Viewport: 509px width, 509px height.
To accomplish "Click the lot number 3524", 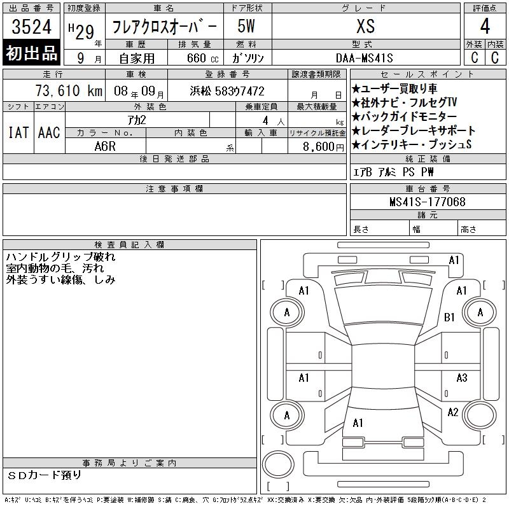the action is (31, 27).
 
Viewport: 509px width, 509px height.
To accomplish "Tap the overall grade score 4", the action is (485, 26).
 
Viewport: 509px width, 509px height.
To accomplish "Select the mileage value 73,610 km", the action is (69, 90).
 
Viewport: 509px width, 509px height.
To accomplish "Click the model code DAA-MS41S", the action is (364, 58).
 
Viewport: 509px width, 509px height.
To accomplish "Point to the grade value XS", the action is (366, 26).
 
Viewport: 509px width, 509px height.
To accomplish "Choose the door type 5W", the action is (246, 26).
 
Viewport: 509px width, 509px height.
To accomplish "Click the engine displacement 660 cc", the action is (202, 58).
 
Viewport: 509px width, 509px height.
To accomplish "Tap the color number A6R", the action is (105, 146).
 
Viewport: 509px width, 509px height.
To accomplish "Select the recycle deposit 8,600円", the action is (323, 147).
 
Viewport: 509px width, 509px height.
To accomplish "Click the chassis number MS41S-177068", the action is (428, 202).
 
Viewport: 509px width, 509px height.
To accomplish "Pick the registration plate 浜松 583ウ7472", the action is (227, 91).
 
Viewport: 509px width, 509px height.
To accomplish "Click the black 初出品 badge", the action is (31, 53).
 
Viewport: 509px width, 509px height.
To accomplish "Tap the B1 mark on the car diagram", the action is (449, 317).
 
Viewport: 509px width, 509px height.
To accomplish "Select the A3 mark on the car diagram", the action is (462, 378).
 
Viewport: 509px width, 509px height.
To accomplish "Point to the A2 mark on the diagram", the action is (453, 412).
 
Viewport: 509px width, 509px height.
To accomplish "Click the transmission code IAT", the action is (18, 132).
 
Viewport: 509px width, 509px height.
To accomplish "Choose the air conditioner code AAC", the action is (49, 132).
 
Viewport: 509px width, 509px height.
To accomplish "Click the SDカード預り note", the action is (44, 475).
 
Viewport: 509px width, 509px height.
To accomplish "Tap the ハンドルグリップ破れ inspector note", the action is (60, 257).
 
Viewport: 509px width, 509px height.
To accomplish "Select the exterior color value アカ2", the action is (137, 120).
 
